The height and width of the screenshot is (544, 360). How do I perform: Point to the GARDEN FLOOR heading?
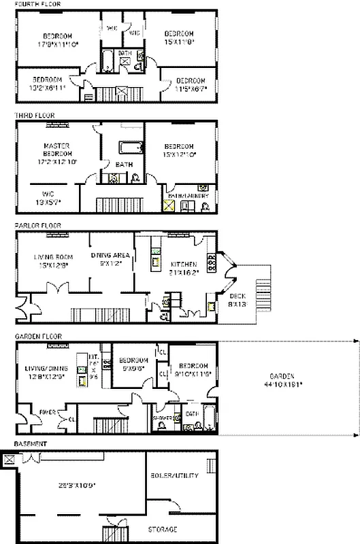point(37,336)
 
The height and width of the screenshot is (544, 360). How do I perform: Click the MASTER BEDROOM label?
point(58,154)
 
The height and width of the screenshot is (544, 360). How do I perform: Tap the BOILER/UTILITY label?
point(174,475)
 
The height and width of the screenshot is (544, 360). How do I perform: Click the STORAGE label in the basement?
point(163,529)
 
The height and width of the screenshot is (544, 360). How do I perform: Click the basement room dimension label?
point(76,485)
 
